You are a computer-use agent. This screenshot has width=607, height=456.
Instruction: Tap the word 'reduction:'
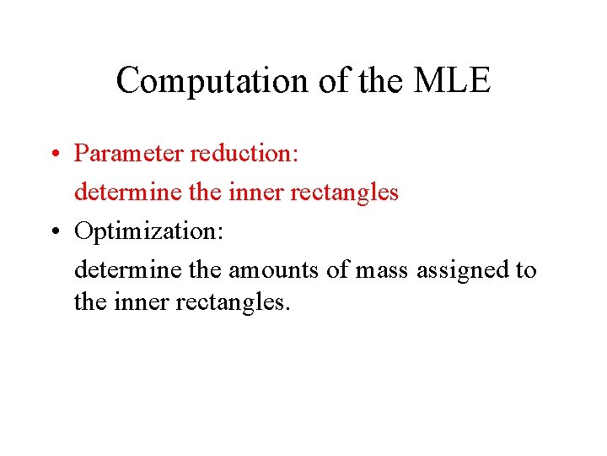click(x=240, y=154)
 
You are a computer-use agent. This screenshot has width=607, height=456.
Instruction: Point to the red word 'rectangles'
click(x=344, y=193)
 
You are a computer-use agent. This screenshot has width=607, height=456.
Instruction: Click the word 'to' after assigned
click(x=527, y=270)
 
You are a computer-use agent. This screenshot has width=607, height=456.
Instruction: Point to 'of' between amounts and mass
click(x=339, y=270)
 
